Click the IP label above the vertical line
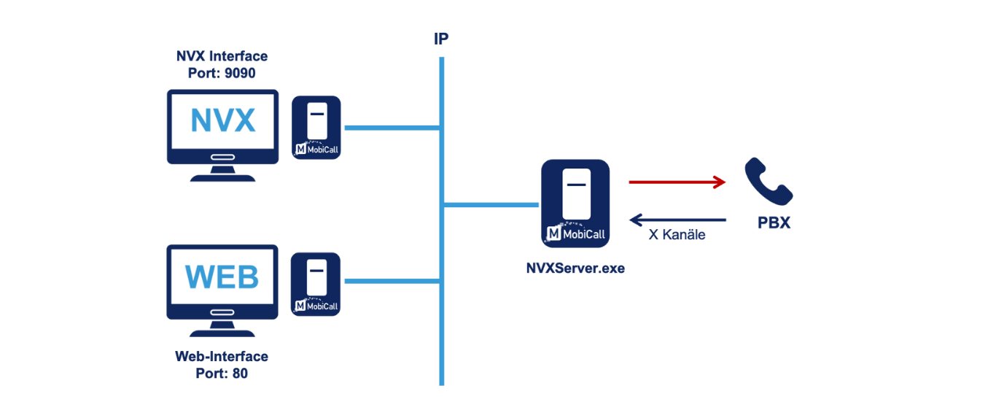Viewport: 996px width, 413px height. click(x=441, y=39)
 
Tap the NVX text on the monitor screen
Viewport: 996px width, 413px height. click(x=222, y=121)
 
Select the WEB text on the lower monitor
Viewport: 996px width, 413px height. click(x=222, y=277)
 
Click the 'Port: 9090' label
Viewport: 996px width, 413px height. click(x=217, y=74)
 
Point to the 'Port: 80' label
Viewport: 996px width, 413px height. click(x=221, y=373)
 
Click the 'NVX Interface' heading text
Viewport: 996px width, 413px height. click(x=222, y=56)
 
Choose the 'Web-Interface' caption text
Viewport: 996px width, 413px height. click(x=222, y=356)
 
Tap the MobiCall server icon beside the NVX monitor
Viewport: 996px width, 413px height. click(x=316, y=128)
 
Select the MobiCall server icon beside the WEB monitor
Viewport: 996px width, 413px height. click(x=316, y=284)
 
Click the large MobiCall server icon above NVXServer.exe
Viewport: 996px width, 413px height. click(x=575, y=202)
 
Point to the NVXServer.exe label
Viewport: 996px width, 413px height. click(x=575, y=268)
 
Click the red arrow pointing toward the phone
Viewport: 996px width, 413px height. click(x=677, y=182)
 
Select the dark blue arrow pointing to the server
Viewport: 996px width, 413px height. click(x=677, y=219)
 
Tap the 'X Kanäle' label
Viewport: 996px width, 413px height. click(x=677, y=235)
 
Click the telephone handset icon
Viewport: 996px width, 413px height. click(x=768, y=182)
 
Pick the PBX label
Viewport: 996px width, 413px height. click(x=774, y=223)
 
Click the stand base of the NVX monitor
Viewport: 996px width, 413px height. click(x=222, y=177)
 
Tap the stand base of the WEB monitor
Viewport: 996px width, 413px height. click(x=222, y=332)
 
